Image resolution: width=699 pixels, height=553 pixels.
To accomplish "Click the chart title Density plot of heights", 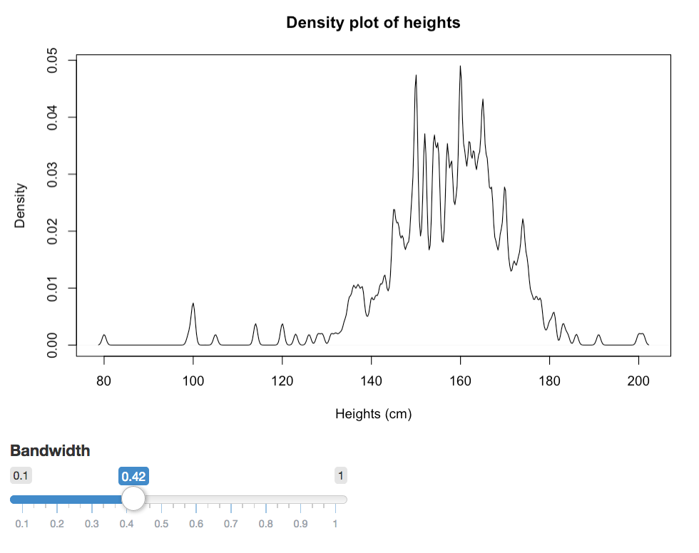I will point(373,23).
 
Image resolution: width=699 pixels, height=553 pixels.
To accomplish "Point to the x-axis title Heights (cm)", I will point(373,414).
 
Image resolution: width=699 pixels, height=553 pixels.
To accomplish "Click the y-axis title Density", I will point(20,206).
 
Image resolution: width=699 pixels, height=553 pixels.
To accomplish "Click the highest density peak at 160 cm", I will point(460,67).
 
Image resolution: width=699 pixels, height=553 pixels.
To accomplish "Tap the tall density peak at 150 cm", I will point(416,76).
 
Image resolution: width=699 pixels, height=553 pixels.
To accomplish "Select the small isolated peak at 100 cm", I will point(193,304).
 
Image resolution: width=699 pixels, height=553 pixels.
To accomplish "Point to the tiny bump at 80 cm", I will point(104,335).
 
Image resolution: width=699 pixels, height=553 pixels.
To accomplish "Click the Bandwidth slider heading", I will point(50,450).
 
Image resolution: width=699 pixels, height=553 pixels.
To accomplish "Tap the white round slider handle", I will point(133,499).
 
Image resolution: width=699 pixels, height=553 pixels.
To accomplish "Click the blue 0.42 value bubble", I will point(133,476).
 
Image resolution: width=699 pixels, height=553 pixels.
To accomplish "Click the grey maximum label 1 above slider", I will point(341,475).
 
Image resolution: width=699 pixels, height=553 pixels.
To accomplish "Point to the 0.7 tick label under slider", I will point(231,524).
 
